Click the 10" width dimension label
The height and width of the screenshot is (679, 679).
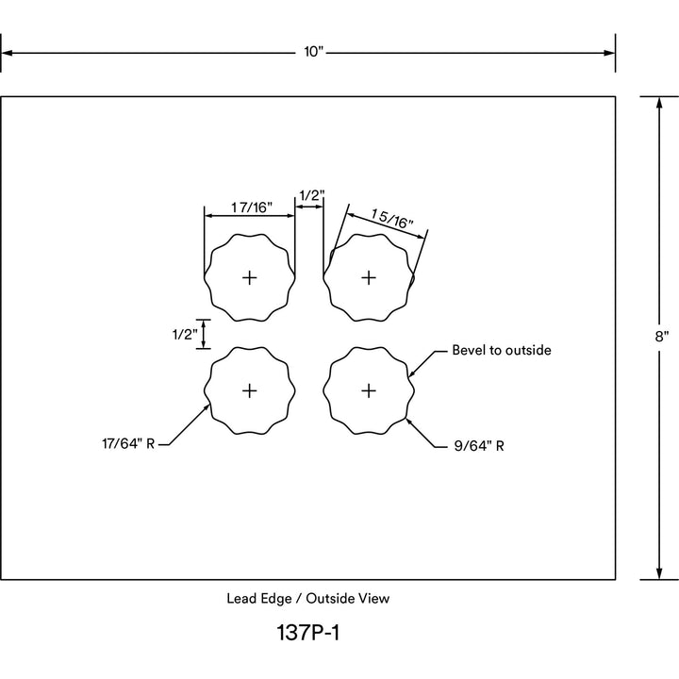313,52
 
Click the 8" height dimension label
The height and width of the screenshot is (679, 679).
662,337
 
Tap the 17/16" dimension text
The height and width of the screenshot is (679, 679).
251,207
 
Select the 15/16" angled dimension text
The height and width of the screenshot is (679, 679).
392,219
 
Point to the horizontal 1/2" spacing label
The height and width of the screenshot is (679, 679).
312,195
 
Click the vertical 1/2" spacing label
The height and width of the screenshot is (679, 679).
185,334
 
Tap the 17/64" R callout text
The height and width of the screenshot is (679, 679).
128,444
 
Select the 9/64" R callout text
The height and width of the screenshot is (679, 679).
479,446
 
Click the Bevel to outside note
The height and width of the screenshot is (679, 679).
502,350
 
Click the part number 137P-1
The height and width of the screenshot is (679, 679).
307,632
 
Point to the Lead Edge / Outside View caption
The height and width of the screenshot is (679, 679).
307,599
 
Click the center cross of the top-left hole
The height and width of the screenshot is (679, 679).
249,277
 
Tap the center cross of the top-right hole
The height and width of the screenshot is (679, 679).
369,277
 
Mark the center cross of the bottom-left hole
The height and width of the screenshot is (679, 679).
249,391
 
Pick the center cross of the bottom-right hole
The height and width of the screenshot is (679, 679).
369,391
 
